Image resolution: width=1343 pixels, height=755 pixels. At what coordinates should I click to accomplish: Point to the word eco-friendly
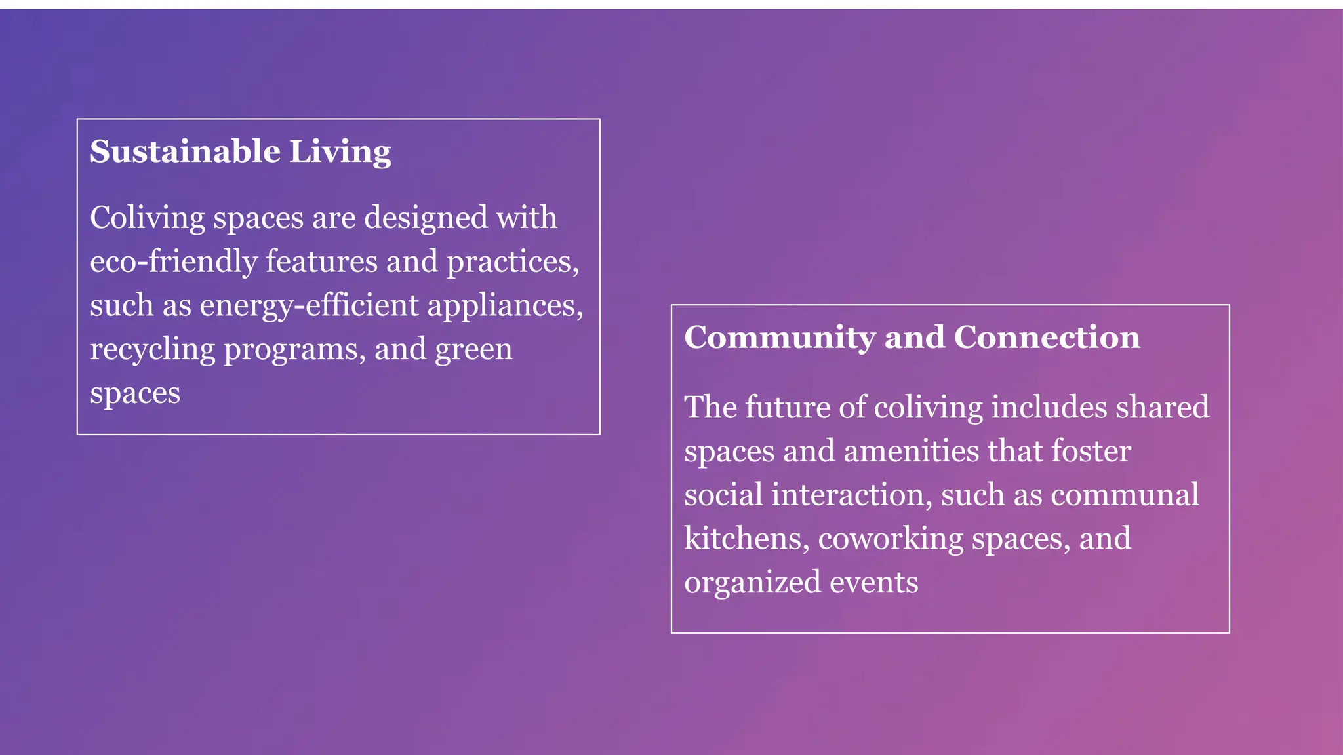pyautogui.click(x=174, y=261)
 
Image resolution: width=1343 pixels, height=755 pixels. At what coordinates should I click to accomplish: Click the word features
pyautogui.click(x=321, y=261)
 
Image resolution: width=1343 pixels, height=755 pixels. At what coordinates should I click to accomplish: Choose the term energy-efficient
pyautogui.click(x=309, y=306)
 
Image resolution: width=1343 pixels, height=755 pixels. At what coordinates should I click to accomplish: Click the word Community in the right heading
pyautogui.click(x=780, y=338)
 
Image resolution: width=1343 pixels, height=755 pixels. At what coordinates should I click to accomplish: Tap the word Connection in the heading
pyautogui.click(x=1047, y=338)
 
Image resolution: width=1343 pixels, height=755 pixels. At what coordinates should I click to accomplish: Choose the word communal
pyautogui.click(x=1125, y=495)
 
